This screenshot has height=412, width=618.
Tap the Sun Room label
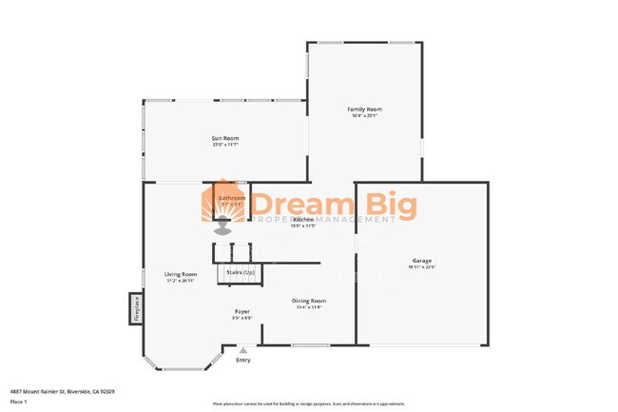224,139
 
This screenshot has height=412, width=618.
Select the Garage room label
421,260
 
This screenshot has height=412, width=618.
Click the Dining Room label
309,301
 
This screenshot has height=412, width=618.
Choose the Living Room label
181,274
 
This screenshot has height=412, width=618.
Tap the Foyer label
243,311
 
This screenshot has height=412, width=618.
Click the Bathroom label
232,198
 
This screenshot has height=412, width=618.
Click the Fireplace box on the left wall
136,308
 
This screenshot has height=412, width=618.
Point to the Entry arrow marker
242,350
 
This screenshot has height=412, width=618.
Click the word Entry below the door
243,360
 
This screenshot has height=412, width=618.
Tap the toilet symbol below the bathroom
222,226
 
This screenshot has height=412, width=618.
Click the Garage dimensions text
421,266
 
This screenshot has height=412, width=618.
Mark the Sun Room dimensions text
224,145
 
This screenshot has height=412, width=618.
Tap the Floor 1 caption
18,402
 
